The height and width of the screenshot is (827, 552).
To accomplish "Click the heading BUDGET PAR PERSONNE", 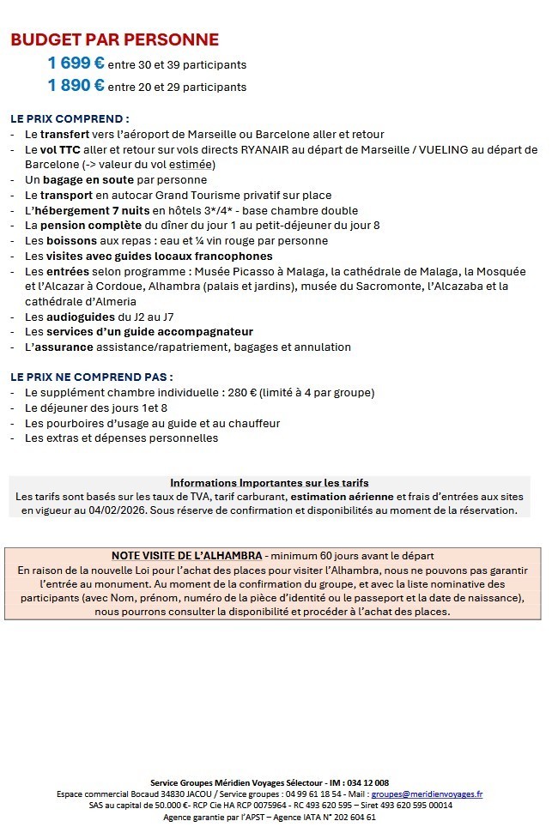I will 114,39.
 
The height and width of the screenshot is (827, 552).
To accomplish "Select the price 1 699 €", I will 76,63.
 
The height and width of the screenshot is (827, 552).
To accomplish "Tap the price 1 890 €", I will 76,85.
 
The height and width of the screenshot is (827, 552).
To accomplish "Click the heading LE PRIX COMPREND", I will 70,118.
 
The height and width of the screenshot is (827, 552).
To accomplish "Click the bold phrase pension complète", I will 94,226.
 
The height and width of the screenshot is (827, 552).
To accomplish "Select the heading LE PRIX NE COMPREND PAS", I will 92,377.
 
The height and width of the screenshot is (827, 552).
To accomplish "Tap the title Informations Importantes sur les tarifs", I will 270,483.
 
